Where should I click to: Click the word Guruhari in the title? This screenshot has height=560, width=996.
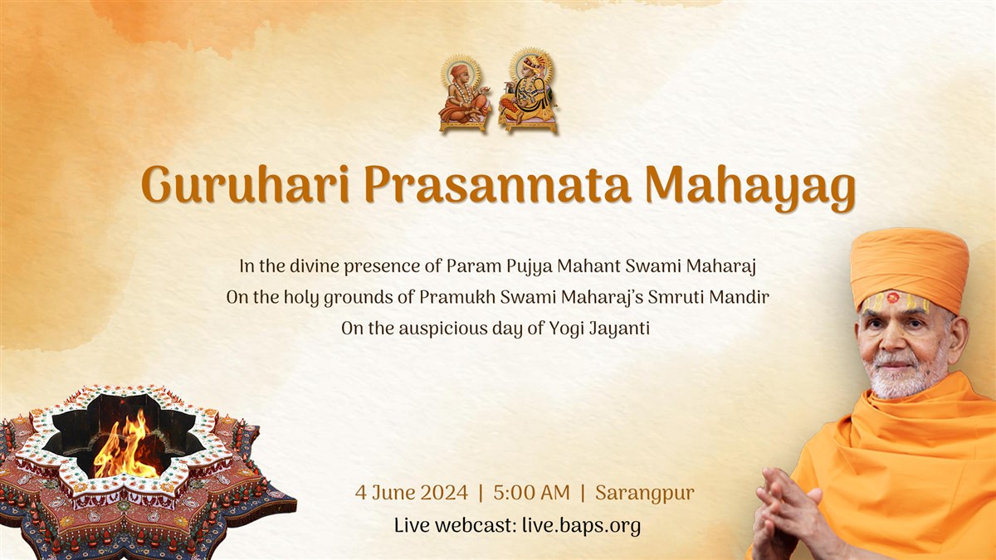pyautogui.click(x=245, y=184)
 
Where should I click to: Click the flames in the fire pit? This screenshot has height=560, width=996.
pyautogui.click(x=126, y=446)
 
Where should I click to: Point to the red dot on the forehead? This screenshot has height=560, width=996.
pyautogui.click(x=892, y=297)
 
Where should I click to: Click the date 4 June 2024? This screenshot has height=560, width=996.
pyautogui.click(x=412, y=493)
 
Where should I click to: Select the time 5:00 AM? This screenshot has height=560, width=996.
pyautogui.click(x=531, y=493)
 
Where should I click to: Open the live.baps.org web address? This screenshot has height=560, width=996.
pyautogui.click(x=582, y=526)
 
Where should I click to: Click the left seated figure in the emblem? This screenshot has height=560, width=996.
pyautogui.click(x=464, y=95)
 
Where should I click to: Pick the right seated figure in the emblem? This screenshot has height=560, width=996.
pyautogui.click(x=528, y=90)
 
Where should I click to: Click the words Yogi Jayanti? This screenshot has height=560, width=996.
pyautogui.click(x=599, y=329)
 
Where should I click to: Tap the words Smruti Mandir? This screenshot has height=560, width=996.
pyautogui.click(x=708, y=297)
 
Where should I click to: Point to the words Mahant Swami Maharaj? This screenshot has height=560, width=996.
pyautogui.click(x=657, y=266)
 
